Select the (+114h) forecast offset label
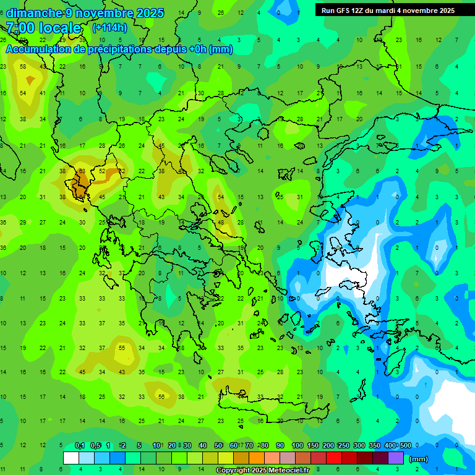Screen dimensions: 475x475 [110, 28]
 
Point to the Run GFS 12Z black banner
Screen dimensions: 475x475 [388, 11]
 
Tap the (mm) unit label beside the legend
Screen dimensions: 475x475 [419, 459]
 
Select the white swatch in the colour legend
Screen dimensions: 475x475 [71, 458]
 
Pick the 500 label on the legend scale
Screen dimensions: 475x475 [405, 445]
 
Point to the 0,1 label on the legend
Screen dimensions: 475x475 [80, 445]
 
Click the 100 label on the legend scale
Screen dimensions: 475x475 [297, 445]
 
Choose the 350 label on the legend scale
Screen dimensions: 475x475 [375, 445]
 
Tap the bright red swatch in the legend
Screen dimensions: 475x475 [334, 458]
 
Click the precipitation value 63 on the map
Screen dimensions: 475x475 [82, 171]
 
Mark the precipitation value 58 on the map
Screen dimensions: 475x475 [23, 66]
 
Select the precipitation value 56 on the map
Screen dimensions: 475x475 [161, 396]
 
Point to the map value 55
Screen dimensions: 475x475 [122, 348]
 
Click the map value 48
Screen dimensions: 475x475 [221, 223]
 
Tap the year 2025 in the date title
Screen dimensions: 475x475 [150, 13]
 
